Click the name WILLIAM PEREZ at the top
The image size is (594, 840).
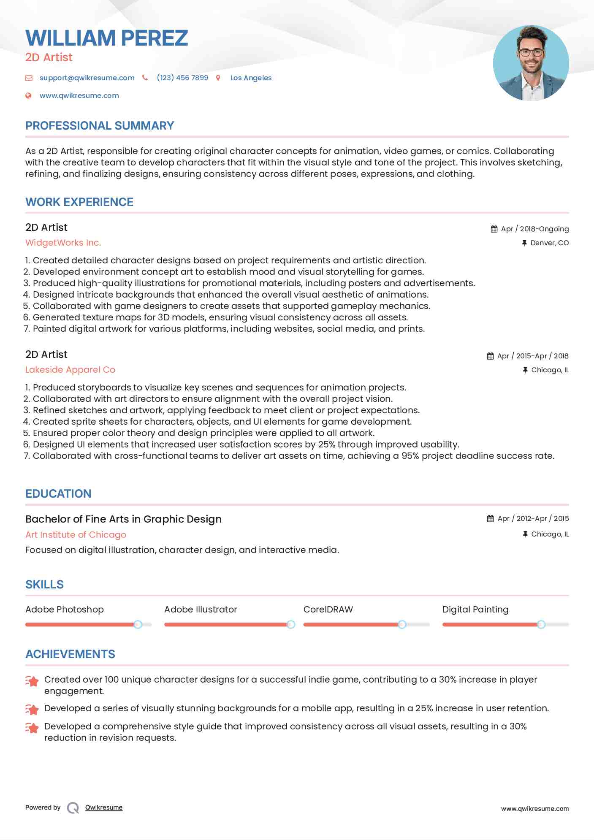pyautogui.click(x=106, y=38)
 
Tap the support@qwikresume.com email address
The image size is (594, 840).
pyautogui.click(x=87, y=78)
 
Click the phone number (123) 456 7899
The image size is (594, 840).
pyautogui.click(x=182, y=78)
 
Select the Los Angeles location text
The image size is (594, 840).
pyautogui.click(x=251, y=78)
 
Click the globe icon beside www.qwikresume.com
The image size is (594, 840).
pyautogui.click(x=28, y=95)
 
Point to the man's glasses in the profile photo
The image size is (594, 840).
pyautogui.click(x=531, y=53)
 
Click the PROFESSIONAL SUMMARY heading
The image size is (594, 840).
pyautogui.click(x=100, y=126)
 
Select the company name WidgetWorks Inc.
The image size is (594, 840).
pyautogui.click(x=63, y=243)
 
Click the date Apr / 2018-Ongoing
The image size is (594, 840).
pyautogui.click(x=534, y=229)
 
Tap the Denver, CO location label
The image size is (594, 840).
pyautogui.click(x=549, y=243)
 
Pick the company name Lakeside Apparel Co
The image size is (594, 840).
pyautogui.click(x=70, y=370)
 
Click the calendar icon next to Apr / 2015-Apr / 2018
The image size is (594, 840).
pyautogui.click(x=490, y=356)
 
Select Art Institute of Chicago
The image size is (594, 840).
pyautogui.click(x=76, y=534)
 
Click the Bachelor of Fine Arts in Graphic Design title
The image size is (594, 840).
pyautogui.click(x=123, y=519)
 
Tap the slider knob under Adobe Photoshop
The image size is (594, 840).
pyautogui.click(x=138, y=624)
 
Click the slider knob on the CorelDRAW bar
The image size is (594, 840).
pyautogui.click(x=402, y=624)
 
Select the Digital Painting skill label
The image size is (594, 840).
pyautogui.click(x=475, y=610)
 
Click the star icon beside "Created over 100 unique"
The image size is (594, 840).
pyautogui.click(x=32, y=681)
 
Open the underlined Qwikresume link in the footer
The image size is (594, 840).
pyautogui.click(x=104, y=807)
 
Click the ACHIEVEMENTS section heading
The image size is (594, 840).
pyautogui.click(x=70, y=654)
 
